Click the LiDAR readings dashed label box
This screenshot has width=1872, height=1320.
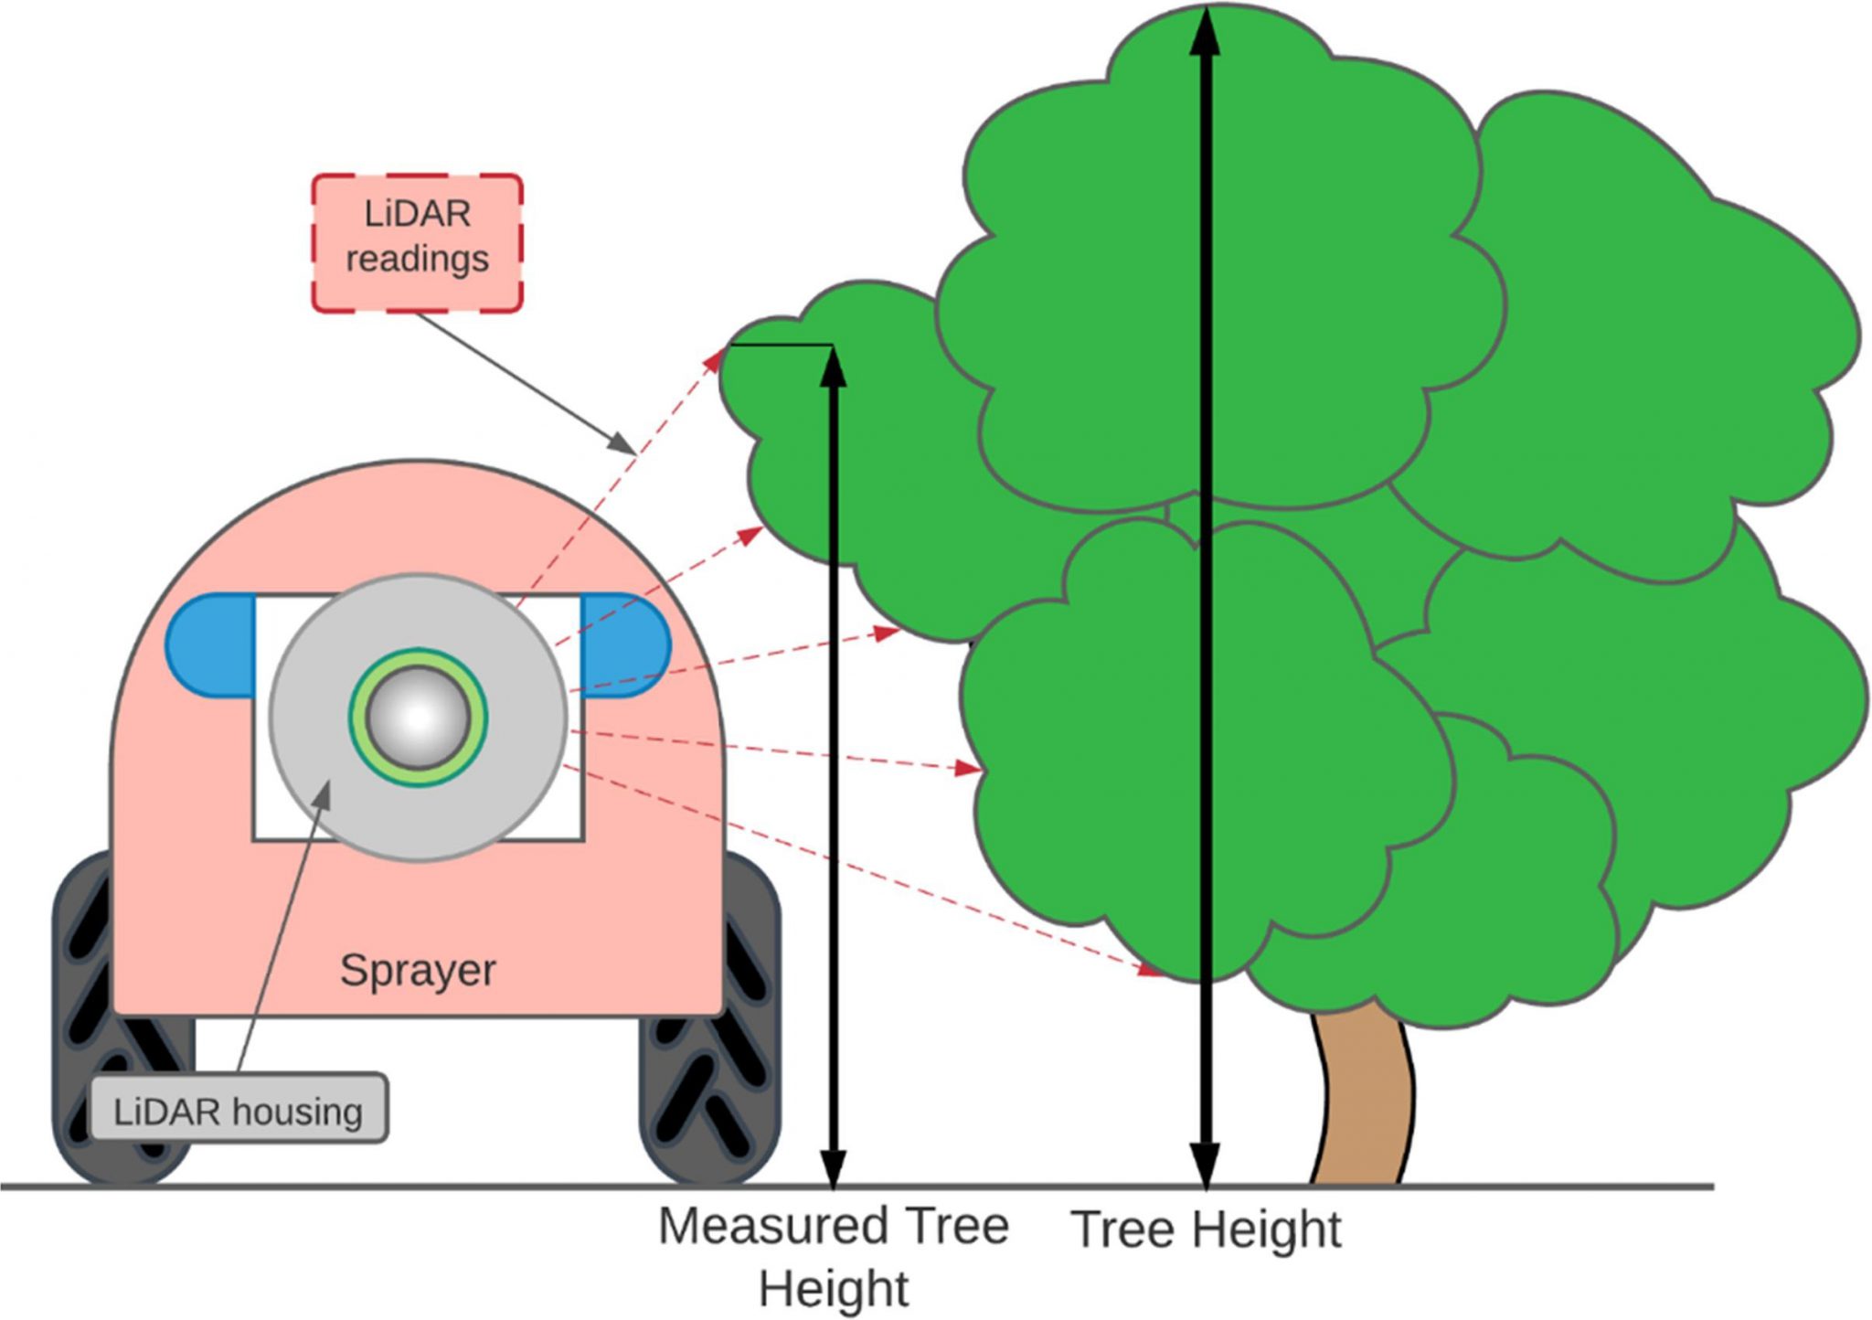(x=418, y=242)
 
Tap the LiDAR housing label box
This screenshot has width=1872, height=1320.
(x=239, y=1110)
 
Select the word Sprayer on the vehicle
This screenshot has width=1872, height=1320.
(x=418, y=970)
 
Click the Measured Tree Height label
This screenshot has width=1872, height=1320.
(x=834, y=1257)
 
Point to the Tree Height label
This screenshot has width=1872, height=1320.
(x=1206, y=1229)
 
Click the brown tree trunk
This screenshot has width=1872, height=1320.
(x=1362, y=1097)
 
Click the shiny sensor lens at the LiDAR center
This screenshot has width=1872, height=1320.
(x=418, y=718)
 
